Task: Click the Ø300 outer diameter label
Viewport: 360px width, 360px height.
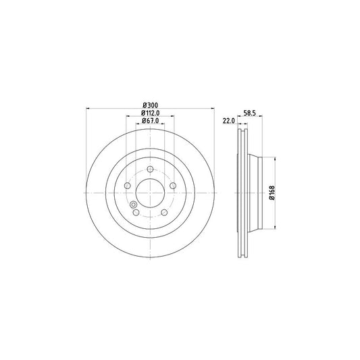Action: tap(150, 105)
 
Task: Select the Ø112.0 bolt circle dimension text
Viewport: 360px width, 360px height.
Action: tap(150, 113)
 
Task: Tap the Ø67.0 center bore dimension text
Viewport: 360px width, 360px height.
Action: tap(150, 121)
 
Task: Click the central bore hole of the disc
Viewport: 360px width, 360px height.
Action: tap(150, 193)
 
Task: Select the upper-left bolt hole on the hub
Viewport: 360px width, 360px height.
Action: tap(127, 186)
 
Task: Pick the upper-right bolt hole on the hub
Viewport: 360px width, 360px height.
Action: tap(173, 186)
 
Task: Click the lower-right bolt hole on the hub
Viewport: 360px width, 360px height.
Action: tap(164, 212)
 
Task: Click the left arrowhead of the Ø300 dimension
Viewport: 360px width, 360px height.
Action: tap(88, 109)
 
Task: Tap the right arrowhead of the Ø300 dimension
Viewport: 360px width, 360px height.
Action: tap(212, 109)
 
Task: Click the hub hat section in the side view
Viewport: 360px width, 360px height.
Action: tap(255, 193)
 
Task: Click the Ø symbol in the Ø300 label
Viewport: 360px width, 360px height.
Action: tap(143, 105)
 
